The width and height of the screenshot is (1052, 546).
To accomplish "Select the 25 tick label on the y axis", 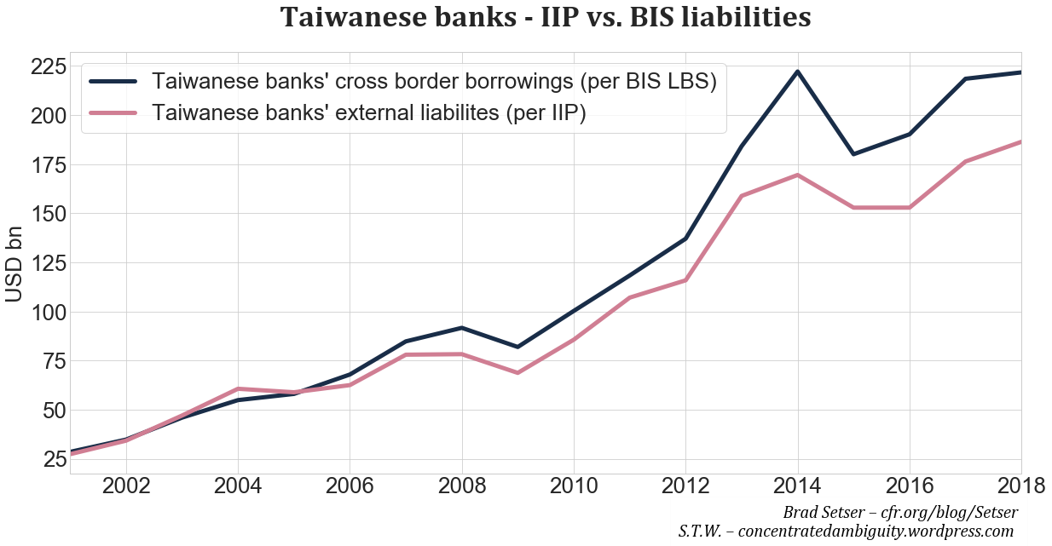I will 49,460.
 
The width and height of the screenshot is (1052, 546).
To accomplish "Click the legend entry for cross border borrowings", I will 433,82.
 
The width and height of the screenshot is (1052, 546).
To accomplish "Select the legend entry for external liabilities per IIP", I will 368,113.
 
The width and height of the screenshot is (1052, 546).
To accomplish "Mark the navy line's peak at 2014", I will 797,72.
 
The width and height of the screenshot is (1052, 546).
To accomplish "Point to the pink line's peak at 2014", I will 797,175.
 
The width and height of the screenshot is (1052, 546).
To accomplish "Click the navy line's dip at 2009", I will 517,347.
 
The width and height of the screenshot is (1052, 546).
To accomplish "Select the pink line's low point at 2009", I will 517,372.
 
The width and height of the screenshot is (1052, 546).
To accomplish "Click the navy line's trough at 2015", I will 853,154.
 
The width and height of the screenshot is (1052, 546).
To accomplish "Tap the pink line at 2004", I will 238,388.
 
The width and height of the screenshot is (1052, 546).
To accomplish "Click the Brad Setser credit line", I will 899,513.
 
